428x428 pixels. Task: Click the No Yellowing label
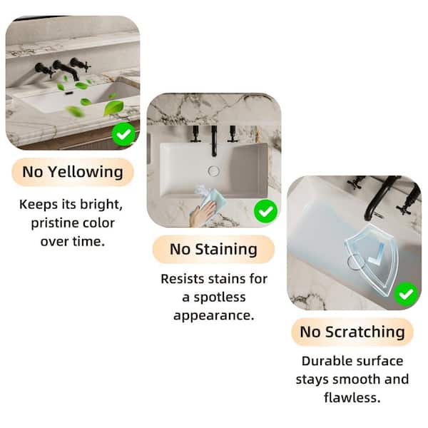click(x=73, y=172)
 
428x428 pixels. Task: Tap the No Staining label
click(x=213, y=250)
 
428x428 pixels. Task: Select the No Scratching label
click(x=352, y=332)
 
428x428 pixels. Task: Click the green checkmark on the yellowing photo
click(x=123, y=134)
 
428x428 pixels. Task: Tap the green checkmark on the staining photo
click(x=265, y=211)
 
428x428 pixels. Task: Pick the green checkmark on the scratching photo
click(x=406, y=294)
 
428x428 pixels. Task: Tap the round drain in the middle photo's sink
click(x=214, y=171)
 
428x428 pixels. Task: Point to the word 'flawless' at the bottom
click(x=352, y=398)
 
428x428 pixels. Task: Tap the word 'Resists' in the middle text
click(x=182, y=279)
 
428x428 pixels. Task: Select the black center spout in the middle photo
click(x=214, y=141)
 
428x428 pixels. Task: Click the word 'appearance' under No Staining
click(x=214, y=316)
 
